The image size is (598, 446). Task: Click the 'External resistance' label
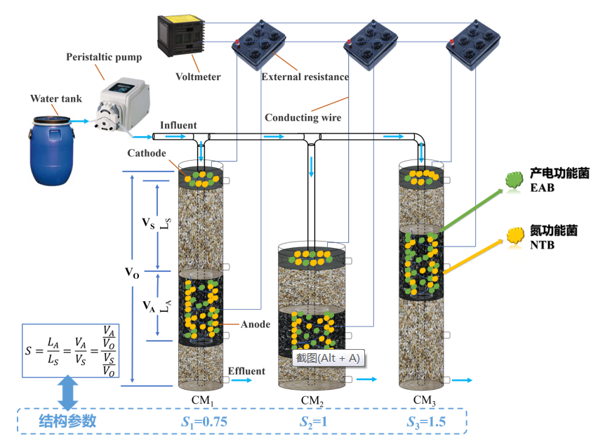coord(305,76)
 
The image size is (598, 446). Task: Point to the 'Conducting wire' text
coord(303,117)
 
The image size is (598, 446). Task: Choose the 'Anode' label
coord(255,324)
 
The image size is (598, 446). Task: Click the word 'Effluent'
coord(246,371)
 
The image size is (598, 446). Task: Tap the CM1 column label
coord(204,400)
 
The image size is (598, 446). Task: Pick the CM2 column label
coord(313,400)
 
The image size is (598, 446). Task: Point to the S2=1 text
coord(313,421)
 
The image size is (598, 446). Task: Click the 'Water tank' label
coord(53,98)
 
